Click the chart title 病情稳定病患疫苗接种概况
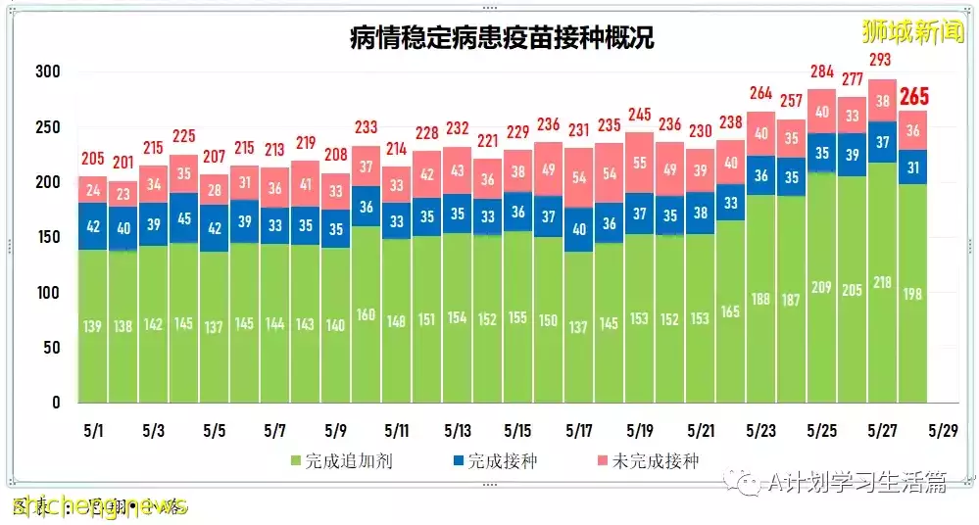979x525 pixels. coord(502,38)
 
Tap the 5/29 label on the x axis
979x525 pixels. coord(942,431)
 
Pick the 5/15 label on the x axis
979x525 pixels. coord(517,431)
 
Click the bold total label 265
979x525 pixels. coord(913,97)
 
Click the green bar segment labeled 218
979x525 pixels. coord(883,282)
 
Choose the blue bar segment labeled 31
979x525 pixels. coord(913,167)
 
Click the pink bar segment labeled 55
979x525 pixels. coord(640,163)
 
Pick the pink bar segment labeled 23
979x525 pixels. coord(122,194)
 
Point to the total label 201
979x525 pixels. coord(122,163)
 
